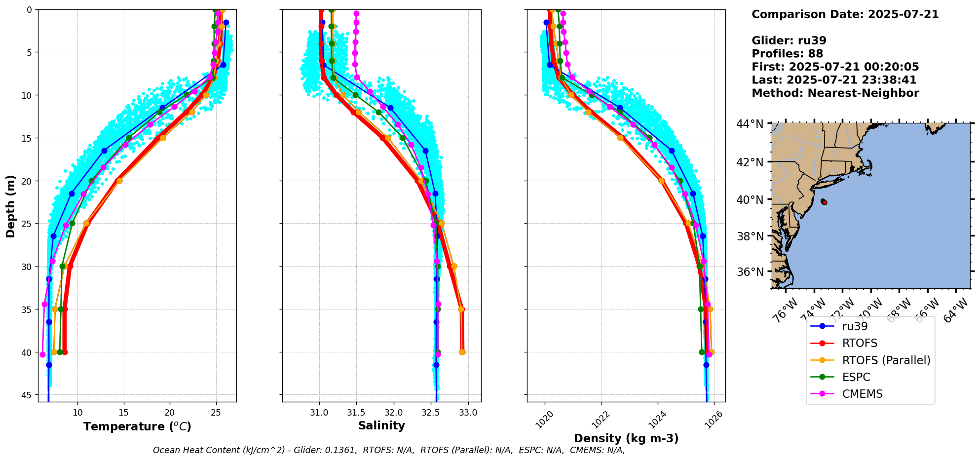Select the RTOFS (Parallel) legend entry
coord(886,360)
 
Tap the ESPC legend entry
coord(856,377)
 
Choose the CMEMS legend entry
coord(862,394)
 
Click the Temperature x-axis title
coord(137,426)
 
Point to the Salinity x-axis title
coord(381,425)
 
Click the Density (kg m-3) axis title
coord(626,438)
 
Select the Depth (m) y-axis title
coord(11,206)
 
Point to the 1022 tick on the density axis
coord(600,420)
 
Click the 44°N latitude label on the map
coord(751,124)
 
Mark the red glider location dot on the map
coord(824,202)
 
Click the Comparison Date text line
coord(845,14)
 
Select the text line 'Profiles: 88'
coord(787,54)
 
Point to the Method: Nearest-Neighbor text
coord(835,93)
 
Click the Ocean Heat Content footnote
coord(389,450)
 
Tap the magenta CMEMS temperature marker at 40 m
coord(42,354)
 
